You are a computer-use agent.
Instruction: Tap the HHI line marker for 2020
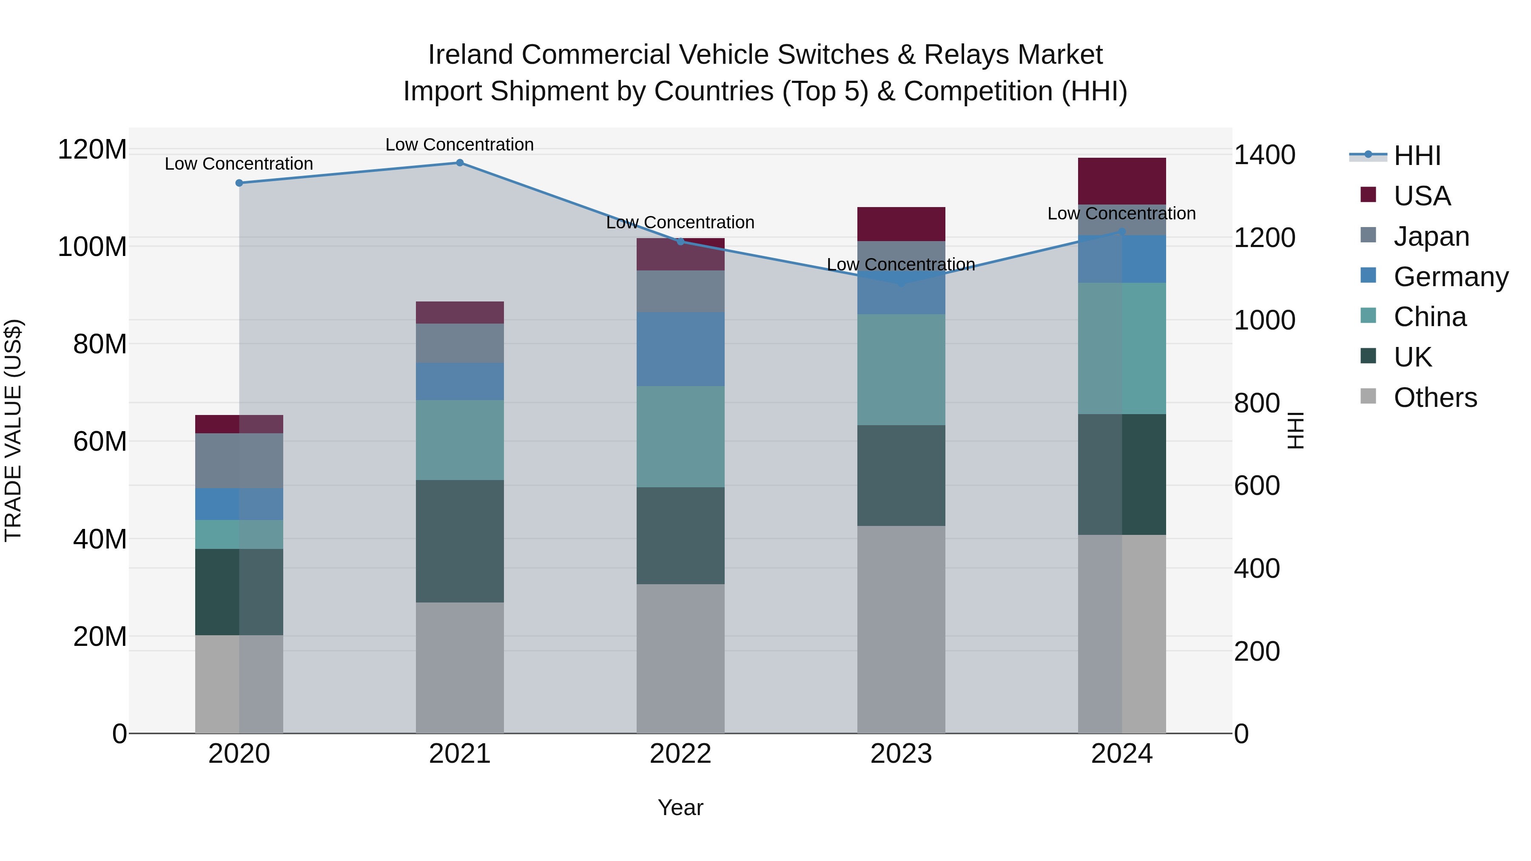(239, 183)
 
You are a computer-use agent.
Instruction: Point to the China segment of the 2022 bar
(680, 437)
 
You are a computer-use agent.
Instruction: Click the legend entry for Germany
(1450, 277)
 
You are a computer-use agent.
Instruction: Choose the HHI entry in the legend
(1417, 156)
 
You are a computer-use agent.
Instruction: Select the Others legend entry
(1435, 398)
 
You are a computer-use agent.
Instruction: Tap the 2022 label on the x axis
(680, 754)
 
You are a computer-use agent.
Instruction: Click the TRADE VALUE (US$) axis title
(13, 430)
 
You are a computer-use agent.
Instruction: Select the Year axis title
(680, 807)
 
